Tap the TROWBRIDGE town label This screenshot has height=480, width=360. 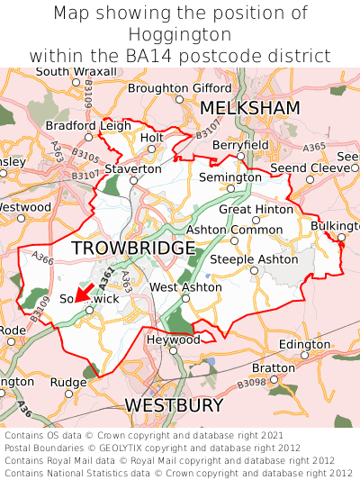(x=132, y=248)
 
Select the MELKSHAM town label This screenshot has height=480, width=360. (x=249, y=108)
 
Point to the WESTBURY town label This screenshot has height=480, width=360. (x=173, y=405)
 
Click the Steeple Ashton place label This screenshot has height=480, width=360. (x=254, y=259)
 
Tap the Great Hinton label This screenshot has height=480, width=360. (x=256, y=209)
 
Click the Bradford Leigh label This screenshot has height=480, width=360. (x=88, y=125)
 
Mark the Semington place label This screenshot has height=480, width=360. (x=229, y=177)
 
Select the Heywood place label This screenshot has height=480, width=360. (x=174, y=340)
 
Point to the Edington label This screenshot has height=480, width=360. (x=304, y=344)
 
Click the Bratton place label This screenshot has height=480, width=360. (x=273, y=367)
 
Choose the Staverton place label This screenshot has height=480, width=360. (x=133, y=168)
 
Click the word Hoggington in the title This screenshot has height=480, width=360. (x=180, y=35)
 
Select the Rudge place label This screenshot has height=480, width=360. (x=67, y=382)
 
